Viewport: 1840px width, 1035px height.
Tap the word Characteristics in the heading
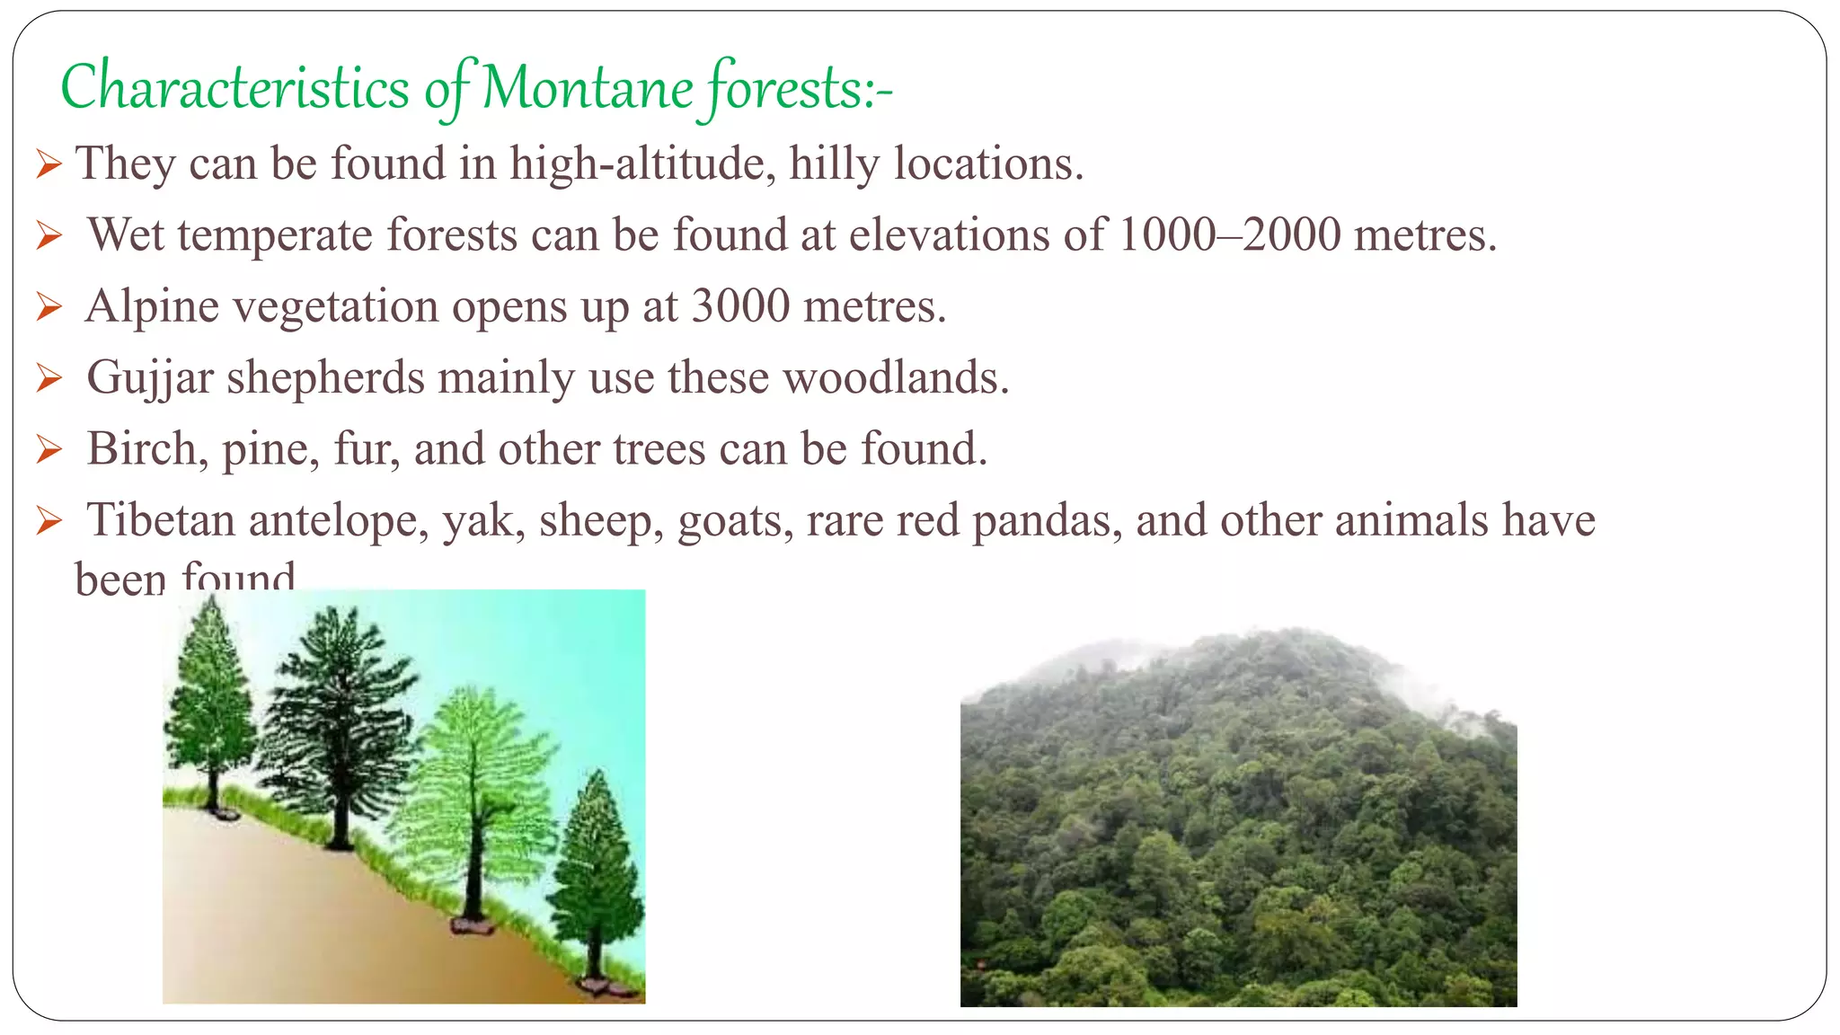[x=234, y=89]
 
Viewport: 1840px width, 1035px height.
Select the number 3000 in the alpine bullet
[x=740, y=305]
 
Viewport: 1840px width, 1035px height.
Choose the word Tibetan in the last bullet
[x=161, y=519]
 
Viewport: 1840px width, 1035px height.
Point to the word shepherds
[x=325, y=376]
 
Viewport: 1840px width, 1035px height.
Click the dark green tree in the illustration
[x=340, y=719]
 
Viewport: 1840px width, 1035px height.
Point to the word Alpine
[x=152, y=305]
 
